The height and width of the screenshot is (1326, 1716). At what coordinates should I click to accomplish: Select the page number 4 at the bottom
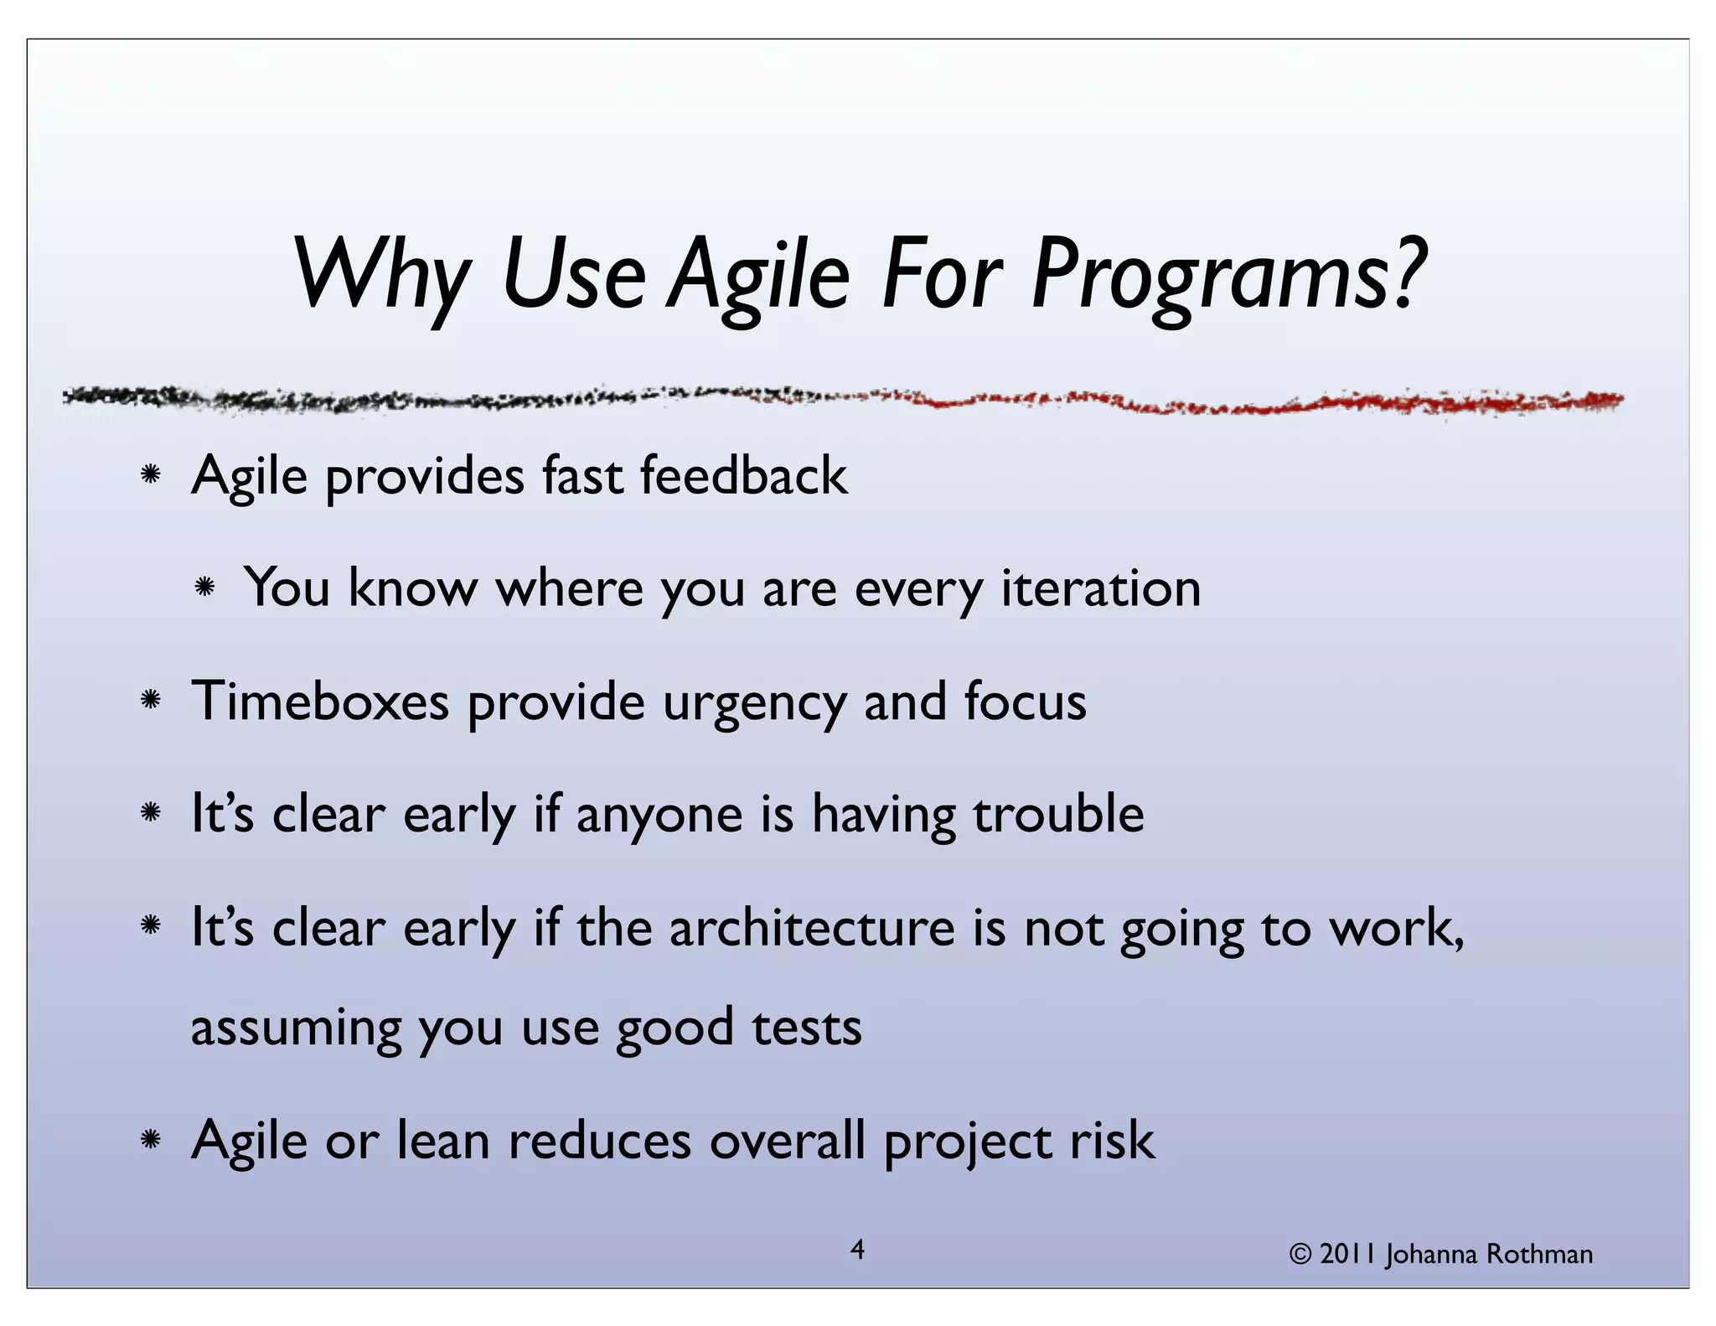(857, 1250)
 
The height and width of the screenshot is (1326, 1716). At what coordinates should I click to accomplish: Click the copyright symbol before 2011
(1300, 1255)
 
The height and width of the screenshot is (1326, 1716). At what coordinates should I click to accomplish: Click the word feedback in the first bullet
(743, 475)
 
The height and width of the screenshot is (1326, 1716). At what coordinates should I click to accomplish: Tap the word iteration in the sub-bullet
(1101, 588)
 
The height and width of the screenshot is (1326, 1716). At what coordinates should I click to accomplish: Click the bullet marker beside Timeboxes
(151, 700)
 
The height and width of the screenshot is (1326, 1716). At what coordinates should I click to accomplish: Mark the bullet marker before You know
(204, 588)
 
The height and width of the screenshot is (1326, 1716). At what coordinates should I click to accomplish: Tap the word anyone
(659, 816)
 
